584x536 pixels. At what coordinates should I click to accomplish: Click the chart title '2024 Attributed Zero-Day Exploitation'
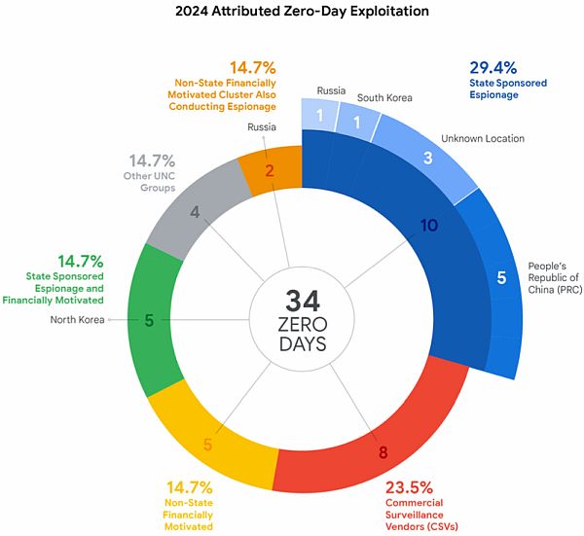pos(292,14)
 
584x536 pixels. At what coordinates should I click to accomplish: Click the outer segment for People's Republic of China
pos(500,277)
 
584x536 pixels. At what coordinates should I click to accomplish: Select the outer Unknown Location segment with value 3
pos(427,158)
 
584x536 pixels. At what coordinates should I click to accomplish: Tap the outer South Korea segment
pos(358,123)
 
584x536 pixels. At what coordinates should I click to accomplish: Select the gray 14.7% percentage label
pos(150,159)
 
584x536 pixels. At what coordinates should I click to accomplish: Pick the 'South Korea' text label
pos(384,96)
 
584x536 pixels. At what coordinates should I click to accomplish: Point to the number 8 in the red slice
pos(383,451)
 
